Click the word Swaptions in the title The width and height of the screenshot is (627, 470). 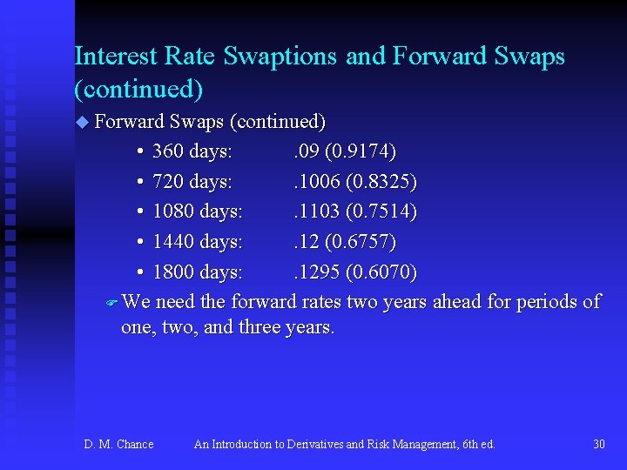[x=281, y=57]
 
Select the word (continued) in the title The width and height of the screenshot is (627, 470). [x=139, y=89]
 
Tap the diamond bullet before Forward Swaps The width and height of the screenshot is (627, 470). [x=83, y=122]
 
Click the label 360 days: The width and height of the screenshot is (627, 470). [x=192, y=151]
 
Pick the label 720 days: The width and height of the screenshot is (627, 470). [x=192, y=182]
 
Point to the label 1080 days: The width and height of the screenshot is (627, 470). [x=197, y=211]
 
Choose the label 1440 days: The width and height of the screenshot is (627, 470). [x=197, y=242]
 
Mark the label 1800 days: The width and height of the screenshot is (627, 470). [x=197, y=272]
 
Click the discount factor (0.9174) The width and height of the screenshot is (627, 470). [x=360, y=151]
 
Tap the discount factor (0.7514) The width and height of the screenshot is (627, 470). [x=381, y=211]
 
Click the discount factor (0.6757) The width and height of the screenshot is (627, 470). [x=360, y=242]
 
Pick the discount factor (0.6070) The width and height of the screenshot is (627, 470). [x=381, y=272]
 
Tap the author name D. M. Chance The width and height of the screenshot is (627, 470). [x=118, y=445]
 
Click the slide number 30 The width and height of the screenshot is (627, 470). [x=599, y=445]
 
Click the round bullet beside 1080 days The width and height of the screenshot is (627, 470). [x=140, y=212]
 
